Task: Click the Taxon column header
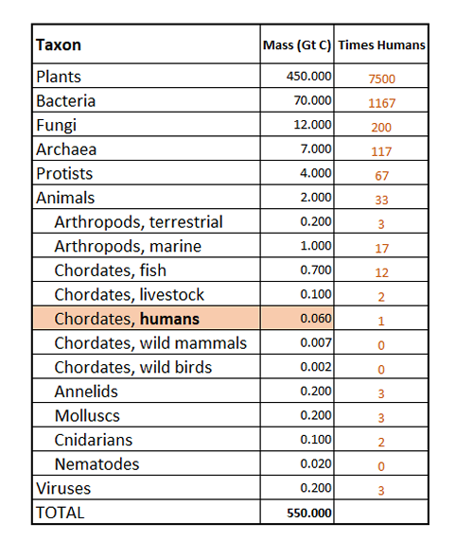coord(59,45)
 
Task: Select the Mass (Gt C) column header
coord(297,45)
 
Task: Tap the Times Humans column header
coord(381,45)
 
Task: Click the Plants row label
coord(59,77)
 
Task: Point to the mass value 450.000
coord(309,77)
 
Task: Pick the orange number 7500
coord(381,79)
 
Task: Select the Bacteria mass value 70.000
coord(312,100)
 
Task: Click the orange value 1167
coord(381,103)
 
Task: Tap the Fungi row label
coord(56,126)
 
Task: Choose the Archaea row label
coord(66,149)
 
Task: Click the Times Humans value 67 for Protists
coord(381,176)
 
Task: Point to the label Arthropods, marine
coord(128,247)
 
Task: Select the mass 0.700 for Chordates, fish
coord(316,270)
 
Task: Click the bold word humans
coord(169,319)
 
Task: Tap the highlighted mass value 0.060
coord(316,318)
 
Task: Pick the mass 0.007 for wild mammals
coord(316,342)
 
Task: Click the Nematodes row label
coord(96,464)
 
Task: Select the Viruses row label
coord(63,488)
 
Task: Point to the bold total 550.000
coord(309,513)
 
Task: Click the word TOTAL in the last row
coord(61,513)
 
